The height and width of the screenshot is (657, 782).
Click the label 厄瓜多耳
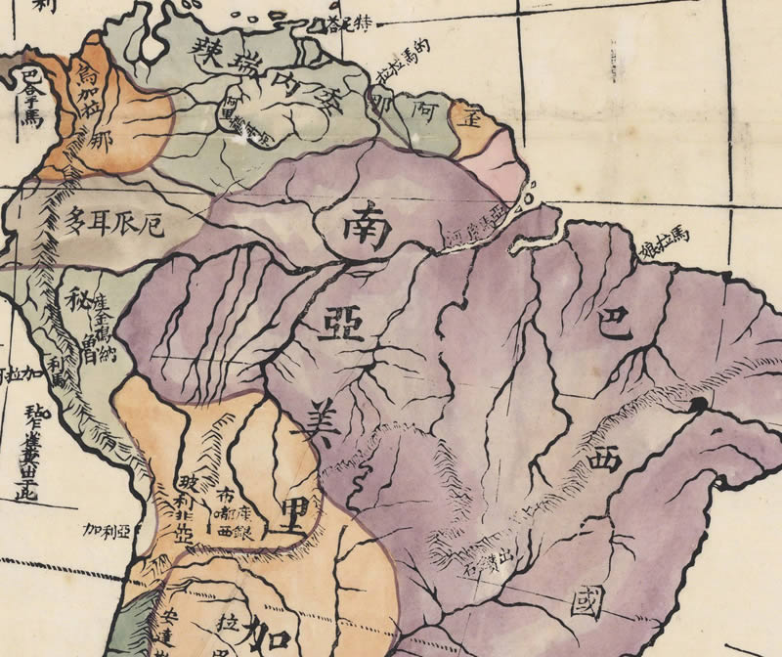[112, 224]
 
